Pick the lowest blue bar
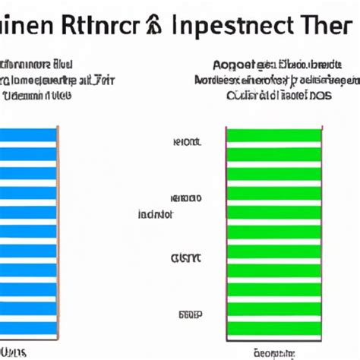pos(28,328)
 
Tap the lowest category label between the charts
pos(188,313)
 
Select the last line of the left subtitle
pos(39,96)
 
